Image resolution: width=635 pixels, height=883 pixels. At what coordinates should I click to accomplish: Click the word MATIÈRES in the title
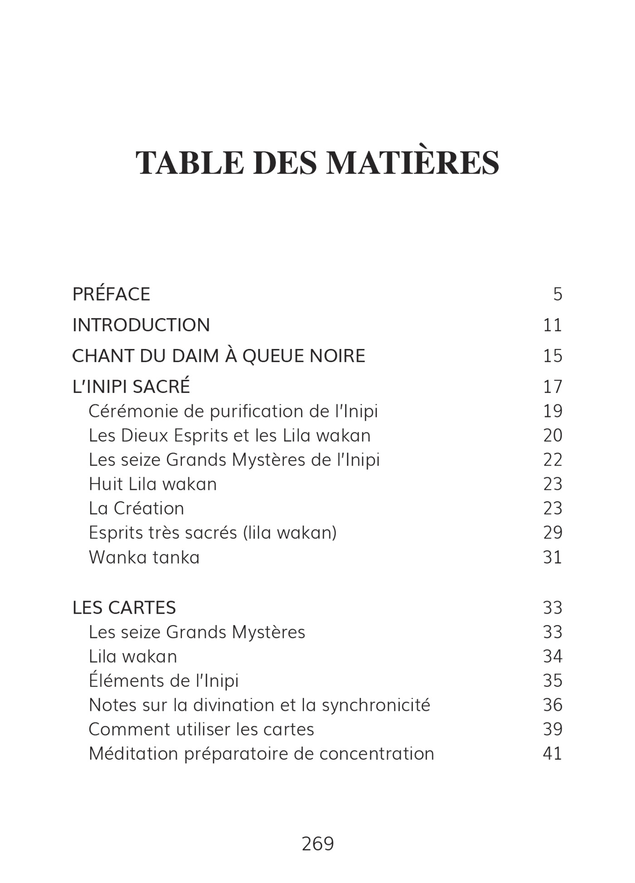(x=413, y=162)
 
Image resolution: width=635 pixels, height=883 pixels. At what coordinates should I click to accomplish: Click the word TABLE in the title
(x=190, y=162)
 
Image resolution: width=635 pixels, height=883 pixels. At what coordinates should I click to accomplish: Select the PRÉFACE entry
(x=111, y=294)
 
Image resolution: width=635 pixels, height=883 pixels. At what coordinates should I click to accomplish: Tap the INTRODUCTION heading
(x=141, y=325)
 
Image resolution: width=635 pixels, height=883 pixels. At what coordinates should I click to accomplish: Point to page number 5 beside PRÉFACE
(x=557, y=294)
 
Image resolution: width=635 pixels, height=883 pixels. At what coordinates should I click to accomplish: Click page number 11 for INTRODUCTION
(x=552, y=325)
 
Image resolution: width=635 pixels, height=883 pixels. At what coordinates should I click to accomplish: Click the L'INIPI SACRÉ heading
(x=131, y=387)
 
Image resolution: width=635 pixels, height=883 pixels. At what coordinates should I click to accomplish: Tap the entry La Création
(x=136, y=508)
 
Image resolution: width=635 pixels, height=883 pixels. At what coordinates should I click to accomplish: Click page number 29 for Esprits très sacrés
(x=552, y=533)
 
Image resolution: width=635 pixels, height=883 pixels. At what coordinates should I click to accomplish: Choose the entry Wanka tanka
(x=144, y=557)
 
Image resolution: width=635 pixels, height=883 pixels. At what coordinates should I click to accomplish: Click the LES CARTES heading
(x=124, y=607)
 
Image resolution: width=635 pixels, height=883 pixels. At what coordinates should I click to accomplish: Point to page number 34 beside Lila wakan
(x=552, y=656)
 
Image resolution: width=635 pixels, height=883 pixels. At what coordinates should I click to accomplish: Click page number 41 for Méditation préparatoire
(x=552, y=753)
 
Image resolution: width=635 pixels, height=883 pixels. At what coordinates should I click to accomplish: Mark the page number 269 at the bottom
(x=317, y=844)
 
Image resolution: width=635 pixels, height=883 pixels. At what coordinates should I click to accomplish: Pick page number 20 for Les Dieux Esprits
(x=552, y=436)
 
